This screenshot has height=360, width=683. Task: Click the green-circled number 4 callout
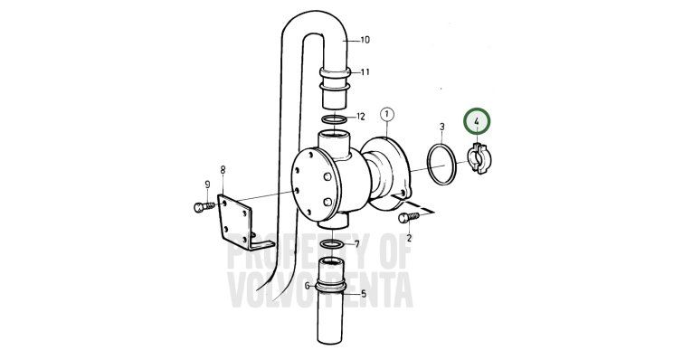(477, 121)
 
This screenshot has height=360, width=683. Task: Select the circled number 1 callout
(387, 115)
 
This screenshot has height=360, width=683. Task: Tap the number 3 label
(442, 127)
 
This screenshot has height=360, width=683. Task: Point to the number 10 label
(365, 40)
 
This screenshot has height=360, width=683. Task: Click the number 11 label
(365, 71)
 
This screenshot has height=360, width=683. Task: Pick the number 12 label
(361, 117)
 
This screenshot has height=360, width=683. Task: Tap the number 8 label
(223, 170)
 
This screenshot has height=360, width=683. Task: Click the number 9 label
(207, 185)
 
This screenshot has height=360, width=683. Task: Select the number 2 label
(409, 238)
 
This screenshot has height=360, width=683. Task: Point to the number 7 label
(357, 244)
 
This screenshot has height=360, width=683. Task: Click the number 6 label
(307, 286)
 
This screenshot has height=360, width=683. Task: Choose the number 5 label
(364, 294)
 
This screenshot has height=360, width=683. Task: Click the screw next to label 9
(204, 207)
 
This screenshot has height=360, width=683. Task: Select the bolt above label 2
(409, 217)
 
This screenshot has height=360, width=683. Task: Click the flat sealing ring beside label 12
(334, 119)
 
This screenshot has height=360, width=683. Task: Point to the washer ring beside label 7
(331, 244)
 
